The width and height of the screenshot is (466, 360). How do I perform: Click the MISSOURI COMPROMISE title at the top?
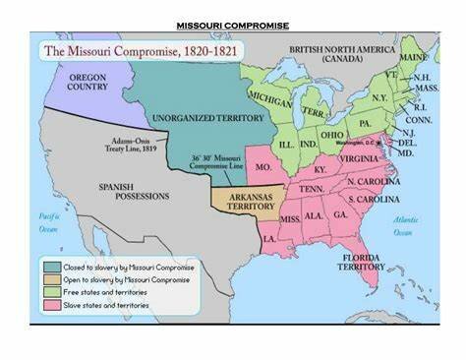pos(232,26)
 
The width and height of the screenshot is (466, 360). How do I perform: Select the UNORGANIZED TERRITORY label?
pos(200,115)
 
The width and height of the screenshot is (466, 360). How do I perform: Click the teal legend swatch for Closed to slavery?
pos(49,266)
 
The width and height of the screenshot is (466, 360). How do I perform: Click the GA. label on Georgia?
pos(340,213)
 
